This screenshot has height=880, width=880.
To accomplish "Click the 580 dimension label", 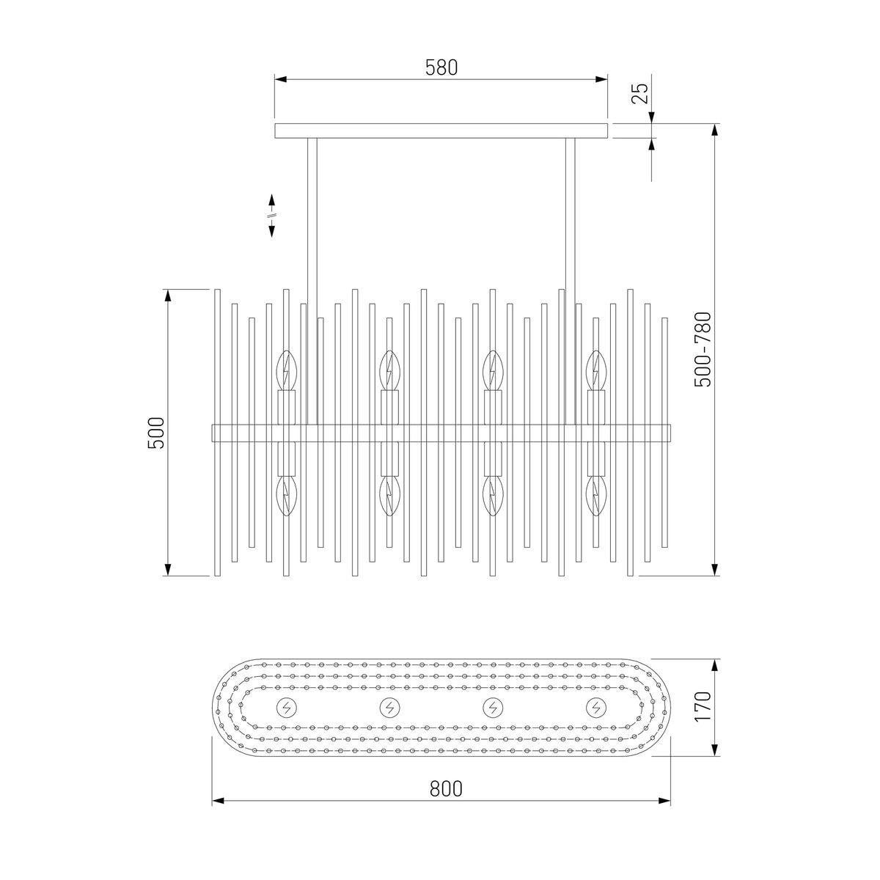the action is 441,67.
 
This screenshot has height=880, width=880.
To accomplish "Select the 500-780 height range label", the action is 703,350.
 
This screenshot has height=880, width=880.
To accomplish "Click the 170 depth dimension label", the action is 703,706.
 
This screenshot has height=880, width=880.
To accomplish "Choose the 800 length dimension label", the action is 446,788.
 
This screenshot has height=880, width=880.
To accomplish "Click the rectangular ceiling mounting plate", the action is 441,131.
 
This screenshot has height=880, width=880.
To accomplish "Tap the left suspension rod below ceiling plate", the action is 312,282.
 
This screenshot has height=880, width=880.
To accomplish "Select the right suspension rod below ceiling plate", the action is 571,282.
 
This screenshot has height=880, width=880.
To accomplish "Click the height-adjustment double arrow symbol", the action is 272,216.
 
